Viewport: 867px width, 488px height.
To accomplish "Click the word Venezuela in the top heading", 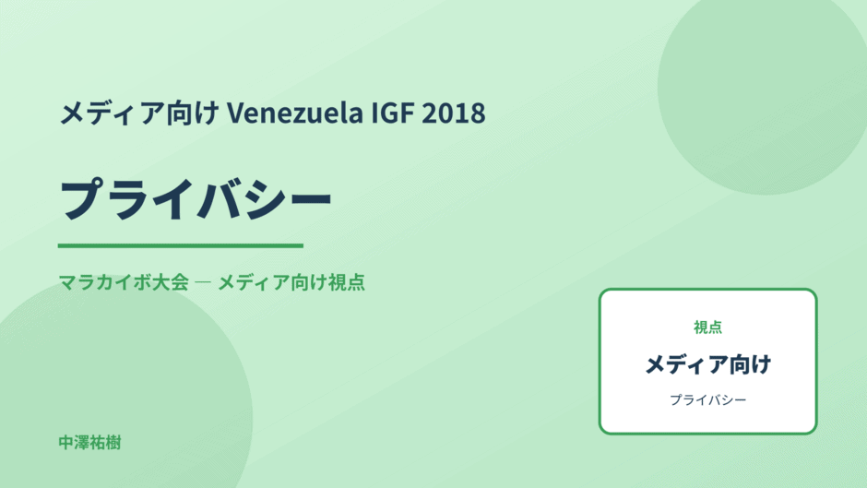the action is (295, 113).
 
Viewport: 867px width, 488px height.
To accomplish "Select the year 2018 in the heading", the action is (454, 113).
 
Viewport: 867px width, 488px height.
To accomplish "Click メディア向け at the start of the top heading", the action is (139, 113).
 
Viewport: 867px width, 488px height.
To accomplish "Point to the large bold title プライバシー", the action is (196, 199).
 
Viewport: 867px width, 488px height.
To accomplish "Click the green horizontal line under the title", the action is (180, 245).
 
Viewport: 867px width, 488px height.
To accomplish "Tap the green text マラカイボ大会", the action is (124, 282).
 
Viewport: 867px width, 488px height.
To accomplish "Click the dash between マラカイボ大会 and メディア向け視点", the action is (203, 282).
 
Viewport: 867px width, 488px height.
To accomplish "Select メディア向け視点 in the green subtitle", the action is (291, 282).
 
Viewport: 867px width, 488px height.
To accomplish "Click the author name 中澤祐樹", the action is (89, 443).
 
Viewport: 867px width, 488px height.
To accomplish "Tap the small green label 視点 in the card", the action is (707, 327).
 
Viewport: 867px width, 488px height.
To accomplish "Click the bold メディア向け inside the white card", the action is (707, 364).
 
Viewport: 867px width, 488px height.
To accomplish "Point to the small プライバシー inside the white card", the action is (707, 399).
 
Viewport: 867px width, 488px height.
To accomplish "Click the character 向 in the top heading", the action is (180, 113).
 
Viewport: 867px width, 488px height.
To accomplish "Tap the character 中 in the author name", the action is (66, 443).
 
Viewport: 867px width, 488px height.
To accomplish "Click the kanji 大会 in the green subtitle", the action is (172, 282).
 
